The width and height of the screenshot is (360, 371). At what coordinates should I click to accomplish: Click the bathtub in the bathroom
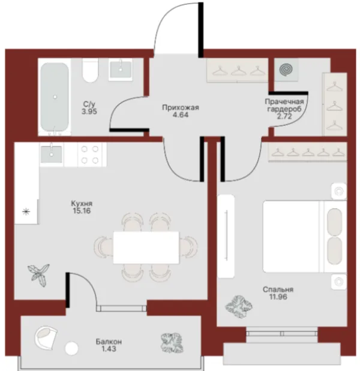(x=55, y=97)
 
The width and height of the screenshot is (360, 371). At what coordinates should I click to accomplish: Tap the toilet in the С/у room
(x=90, y=70)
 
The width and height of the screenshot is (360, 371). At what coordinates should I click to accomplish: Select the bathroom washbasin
(x=121, y=70)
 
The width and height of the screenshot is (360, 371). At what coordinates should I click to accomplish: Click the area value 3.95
(x=89, y=111)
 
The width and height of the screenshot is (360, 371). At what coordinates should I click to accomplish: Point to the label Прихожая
(x=181, y=108)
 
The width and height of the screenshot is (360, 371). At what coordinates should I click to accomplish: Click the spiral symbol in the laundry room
(x=286, y=70)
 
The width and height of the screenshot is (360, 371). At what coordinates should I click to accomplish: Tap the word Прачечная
(x=284, y=102)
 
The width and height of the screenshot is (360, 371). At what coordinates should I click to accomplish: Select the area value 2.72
(x=284, y=116)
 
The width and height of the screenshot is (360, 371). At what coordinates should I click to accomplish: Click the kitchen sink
(x=52, y=154)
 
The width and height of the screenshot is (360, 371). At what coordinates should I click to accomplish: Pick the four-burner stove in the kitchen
(x=90, y=155)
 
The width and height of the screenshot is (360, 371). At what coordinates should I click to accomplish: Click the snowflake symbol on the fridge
(x=26, y=212)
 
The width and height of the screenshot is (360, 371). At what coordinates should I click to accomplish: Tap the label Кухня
(x=82, y=203)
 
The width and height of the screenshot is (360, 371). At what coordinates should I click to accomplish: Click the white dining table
(x=146, y=248)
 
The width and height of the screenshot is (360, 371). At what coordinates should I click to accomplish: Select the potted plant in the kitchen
(x=38, y=275)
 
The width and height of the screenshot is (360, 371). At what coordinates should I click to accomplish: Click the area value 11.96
(x=278, y=297)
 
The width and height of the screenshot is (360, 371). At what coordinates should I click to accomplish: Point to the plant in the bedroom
(x=239, y=307)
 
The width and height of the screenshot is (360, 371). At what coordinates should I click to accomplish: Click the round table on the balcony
(x=71, y=348)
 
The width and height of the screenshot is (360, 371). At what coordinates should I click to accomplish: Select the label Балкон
(x=109, y=342)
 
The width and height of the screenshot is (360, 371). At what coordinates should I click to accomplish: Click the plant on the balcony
(x=172, y=343)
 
